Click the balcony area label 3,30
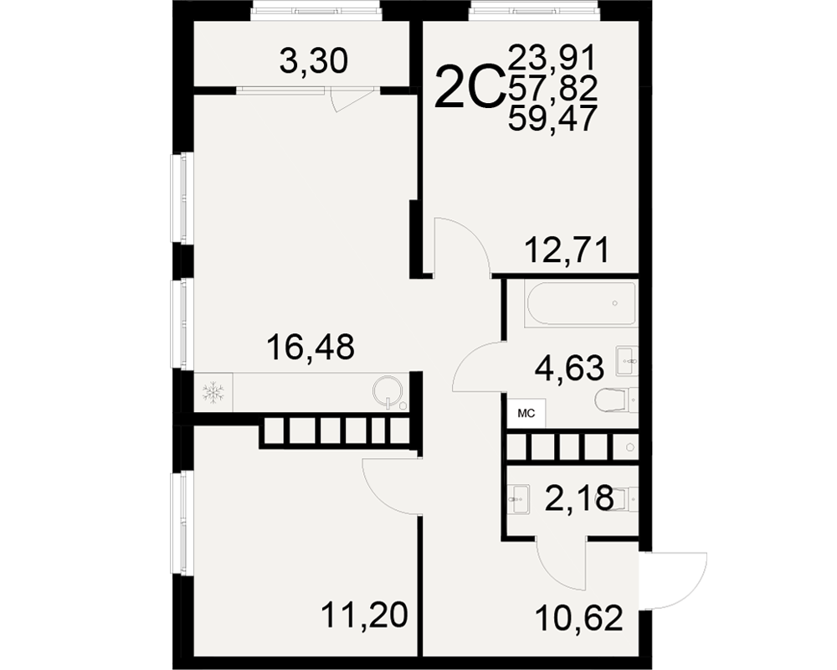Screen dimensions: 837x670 click(x=314, y=61)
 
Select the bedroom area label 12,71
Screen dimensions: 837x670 click(x=567, y=250)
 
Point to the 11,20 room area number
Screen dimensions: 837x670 click(x=365, y=615)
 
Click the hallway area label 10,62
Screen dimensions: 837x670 click(x=579, y=618)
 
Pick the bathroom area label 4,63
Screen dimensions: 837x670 click(x=569, y=368)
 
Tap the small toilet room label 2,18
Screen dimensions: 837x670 click(x=579, y=498)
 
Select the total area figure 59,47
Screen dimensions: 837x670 click(x=552, y=119)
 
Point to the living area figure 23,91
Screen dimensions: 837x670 click(x=552, y=58)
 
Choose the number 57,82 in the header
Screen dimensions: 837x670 click(x=553, y=88)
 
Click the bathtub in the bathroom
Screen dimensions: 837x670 click(x=581, y=303)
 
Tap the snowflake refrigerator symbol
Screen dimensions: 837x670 click(x=213, y=393)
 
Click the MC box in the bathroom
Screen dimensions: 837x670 click(x=526, y=413)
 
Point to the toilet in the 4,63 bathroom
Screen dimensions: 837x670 click(x=615, y=400)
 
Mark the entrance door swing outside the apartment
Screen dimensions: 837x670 click(x=675, y=580)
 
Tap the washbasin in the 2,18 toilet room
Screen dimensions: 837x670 click(x=518, y=499)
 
